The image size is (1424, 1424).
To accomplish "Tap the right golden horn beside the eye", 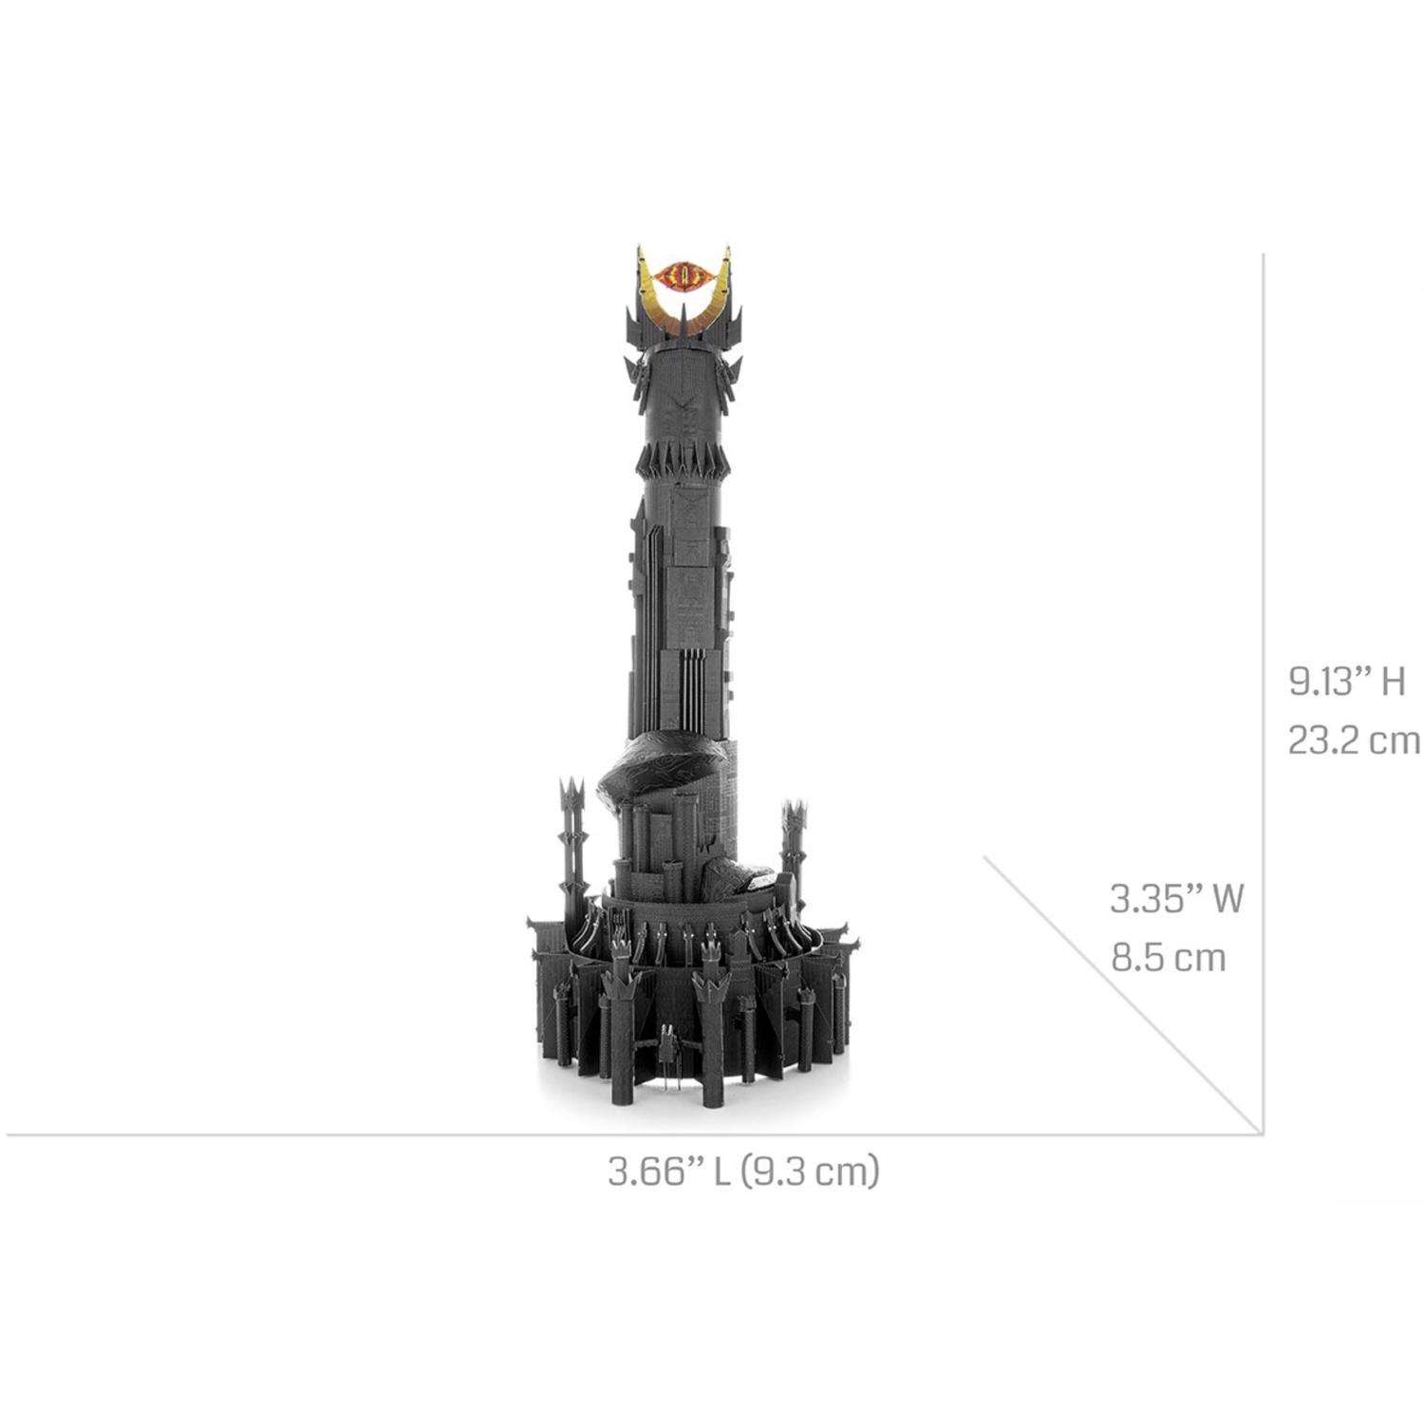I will click(x=719, y=290).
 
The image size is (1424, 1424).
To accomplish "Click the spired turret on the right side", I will click(x=792, y=835).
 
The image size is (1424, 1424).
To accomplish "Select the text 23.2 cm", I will click(x=1354, y=740).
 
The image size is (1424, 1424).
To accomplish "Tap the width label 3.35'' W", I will click(x=1176, y=898).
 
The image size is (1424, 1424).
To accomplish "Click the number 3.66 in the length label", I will click(x=646, y=1171).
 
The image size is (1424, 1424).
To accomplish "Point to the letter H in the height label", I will click(x=1393, y=682).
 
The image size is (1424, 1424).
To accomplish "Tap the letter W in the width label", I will click(x=1226, y=898).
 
